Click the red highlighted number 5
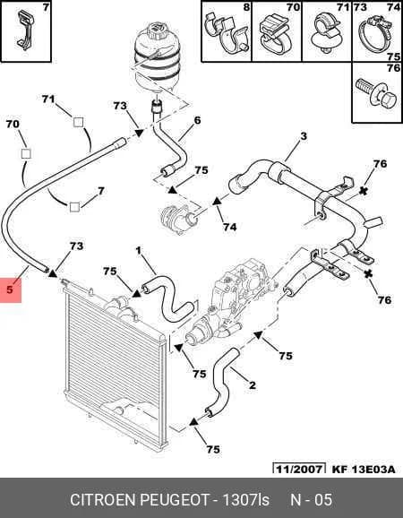click(10, 289)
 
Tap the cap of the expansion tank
click(157, 33)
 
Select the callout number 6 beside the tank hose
click(197, 120)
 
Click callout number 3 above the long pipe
click(304, 136)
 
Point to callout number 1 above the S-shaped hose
click(139, 251)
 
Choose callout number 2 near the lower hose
click(253, 384)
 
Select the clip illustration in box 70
click(277, 35)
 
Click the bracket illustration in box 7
click(24, 29)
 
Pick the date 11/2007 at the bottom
click(299, 469)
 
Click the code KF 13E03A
click(363, 469)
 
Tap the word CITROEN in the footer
click(104, 500)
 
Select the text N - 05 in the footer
click(312, 500)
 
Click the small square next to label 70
click(26, 153)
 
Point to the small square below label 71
click(78, 123)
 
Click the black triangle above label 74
click(217, 201)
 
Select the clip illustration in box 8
click(227, 33)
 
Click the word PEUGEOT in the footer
click(176, 500)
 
